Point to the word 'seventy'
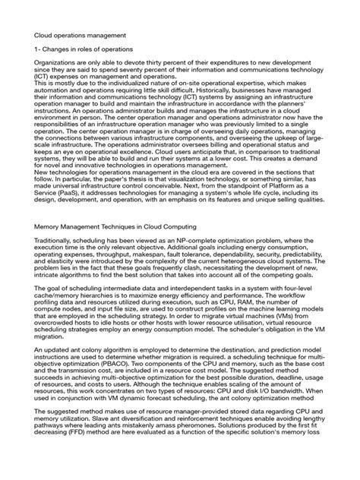coord(158,88)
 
